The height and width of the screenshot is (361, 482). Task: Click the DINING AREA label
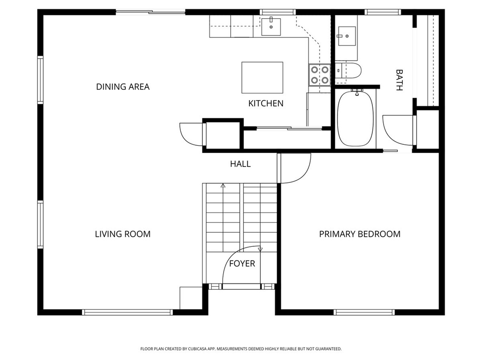(x=123, y=86)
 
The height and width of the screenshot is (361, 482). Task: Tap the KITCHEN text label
(x=266, y=103)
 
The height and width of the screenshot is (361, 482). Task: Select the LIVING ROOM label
(x=123, y=234)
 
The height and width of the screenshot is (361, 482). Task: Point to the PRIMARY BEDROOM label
(x=360, y=234)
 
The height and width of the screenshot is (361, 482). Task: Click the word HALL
(x=240, y=164)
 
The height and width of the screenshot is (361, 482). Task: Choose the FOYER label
(x=242, y=264)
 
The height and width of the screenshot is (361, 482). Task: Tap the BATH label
(x=399, y=80)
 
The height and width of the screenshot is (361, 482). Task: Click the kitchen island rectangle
(x=262, y=78)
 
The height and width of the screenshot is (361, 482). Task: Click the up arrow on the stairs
(x=223, y=186)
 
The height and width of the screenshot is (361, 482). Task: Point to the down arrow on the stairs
(x=260, y=250)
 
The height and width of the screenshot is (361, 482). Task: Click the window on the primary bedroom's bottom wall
(x=364, y=312)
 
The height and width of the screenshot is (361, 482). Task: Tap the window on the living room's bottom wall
(x=127, y=312)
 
